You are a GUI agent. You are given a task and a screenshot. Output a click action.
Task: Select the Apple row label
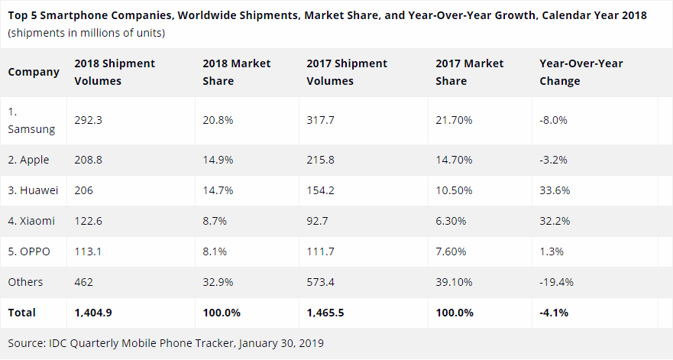[x=29, y=160]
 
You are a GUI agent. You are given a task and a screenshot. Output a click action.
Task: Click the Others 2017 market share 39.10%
[x=455, y=282]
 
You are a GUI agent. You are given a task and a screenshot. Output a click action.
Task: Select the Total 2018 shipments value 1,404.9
[x=95, y=313]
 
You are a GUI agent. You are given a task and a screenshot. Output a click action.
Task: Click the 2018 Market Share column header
[x=236, y=72]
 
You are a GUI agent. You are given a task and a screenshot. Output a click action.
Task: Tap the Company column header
[x=34, y=72]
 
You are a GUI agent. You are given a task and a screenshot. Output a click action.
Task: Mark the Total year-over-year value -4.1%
[x=554, y=313]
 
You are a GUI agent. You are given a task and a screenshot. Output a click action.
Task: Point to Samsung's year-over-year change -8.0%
[x=553, y=120]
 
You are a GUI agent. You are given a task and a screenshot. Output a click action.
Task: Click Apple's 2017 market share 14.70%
[x=455, y=160]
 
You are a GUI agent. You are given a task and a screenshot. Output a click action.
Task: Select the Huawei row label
[x=33, y=190]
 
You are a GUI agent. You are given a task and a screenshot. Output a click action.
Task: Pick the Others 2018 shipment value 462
[x=84, y=282]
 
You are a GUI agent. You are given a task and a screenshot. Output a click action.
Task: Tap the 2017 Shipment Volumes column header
[x=347, y=72]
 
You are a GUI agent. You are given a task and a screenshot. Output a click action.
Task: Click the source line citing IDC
[x=166, y=343]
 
